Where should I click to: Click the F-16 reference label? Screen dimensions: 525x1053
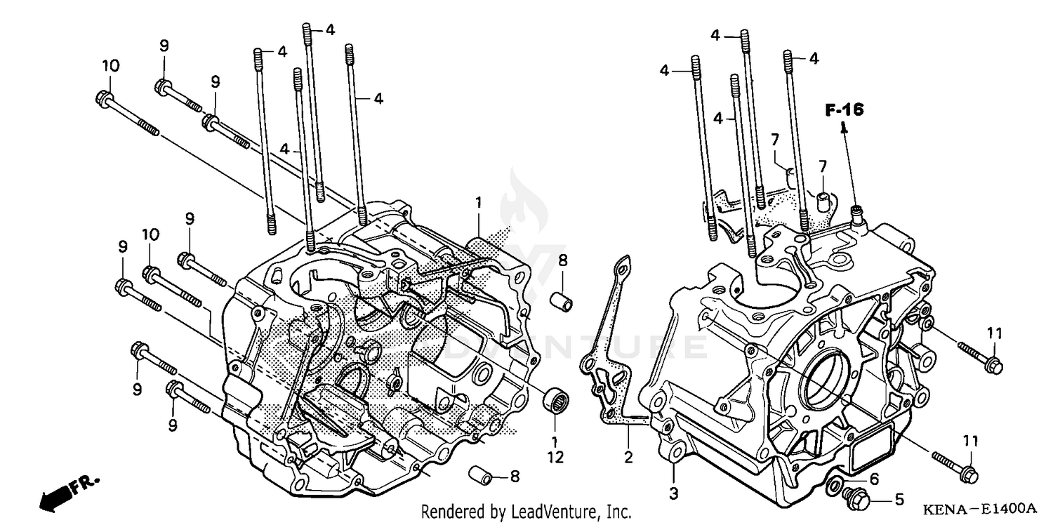pos(844,109)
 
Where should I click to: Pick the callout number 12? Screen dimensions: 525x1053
pos(555,458)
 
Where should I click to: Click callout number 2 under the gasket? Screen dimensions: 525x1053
pos(628,458)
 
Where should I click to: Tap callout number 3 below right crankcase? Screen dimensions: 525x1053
pos(673,493)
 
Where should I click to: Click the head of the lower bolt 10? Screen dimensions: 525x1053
pos(150,272)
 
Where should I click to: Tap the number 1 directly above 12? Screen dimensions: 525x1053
pos(555,441)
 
